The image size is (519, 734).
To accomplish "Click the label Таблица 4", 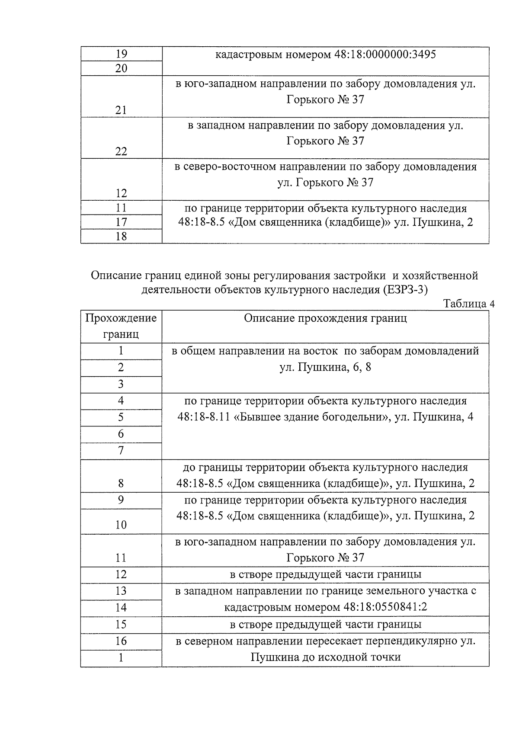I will tap(469, 304).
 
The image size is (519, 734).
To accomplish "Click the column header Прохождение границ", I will tap(121, 326).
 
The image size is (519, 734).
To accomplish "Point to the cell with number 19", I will tap(122, 54).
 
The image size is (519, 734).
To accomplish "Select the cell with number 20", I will tap(122, 68).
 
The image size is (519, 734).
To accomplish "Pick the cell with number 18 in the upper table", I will tap(122, 236).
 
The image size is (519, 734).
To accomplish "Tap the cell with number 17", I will tap(122, 222).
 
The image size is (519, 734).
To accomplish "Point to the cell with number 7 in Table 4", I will tap(121, 451).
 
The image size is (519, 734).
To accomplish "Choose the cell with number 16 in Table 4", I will tap(121, 641).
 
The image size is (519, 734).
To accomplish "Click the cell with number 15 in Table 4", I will tap(121, 624).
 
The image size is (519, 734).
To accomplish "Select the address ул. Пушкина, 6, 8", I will tap(325, 368).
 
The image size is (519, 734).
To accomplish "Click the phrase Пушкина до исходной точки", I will tap(325, 657).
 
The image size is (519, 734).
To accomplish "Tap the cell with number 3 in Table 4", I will tap(121, 384).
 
